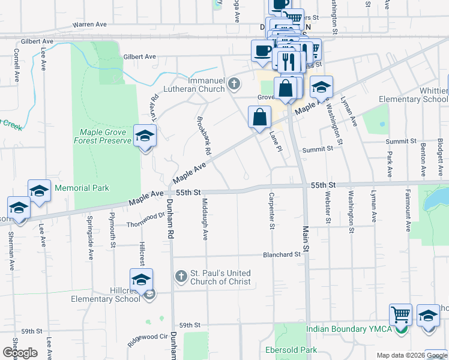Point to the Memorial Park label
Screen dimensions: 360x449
(x=82, y=188)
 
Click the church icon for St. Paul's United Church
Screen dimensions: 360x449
(x=181, y=277)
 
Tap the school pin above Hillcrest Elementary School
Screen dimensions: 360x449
(x=141, y=280)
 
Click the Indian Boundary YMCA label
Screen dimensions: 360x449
(x=348, y=329)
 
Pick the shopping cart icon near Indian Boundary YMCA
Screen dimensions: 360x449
(x=400, y=314)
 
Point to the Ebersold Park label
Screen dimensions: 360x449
(x=291, y=349)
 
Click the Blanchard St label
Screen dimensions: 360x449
(x=281, y=254)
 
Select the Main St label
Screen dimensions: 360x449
(x=306, y=239)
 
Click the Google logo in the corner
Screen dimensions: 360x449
(x=20, y=353)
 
